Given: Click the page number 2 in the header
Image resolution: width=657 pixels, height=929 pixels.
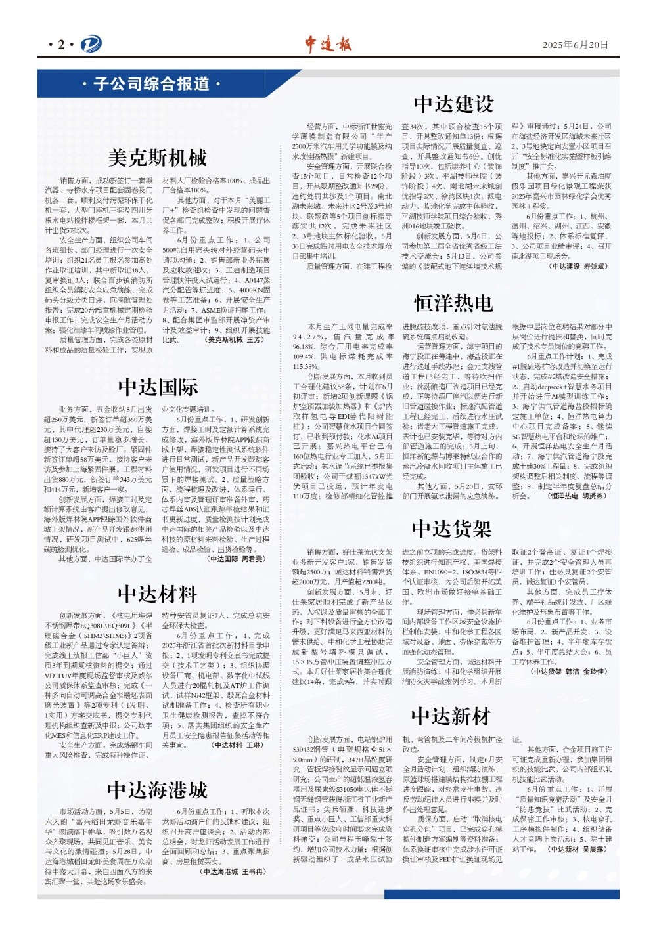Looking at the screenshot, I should [x=61, y=45].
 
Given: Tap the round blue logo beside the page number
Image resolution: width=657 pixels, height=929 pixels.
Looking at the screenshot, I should [x=91, y=45].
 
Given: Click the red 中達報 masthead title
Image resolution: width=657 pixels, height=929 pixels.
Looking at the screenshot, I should [x=328, y=44].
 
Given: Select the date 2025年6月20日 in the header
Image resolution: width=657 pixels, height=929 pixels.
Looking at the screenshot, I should [x=575, y=45].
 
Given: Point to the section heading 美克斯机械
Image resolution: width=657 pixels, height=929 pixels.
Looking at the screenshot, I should [x=157, y=158].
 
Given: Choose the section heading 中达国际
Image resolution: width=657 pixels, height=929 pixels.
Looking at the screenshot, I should [x=158, y=387].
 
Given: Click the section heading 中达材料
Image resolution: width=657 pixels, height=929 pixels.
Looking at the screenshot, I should [x=157, y=595].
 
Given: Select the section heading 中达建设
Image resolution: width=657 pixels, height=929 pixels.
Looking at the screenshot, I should [x=453, y=104].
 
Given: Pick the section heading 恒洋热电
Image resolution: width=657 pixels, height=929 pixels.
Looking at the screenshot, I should [x=453, y=303].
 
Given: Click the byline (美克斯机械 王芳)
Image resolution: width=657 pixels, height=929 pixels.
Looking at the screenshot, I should [x=235, y=340].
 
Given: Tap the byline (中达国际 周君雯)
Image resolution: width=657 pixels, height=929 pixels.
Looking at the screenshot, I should [x=237, y=559].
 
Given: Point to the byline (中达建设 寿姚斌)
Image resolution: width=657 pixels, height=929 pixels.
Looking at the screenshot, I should [x=578, y=267].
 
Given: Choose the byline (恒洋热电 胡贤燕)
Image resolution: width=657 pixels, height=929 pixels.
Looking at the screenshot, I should [x=577, y=496].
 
